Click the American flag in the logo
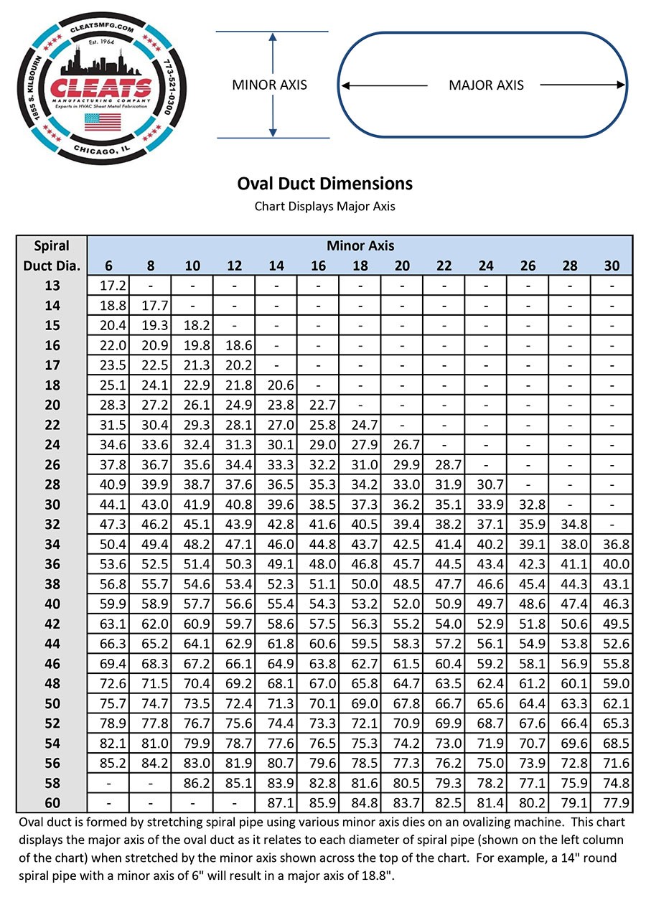(x=103, y=121)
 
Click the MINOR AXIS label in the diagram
(x=269, y=85)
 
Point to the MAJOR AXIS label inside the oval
(x=486, y=85)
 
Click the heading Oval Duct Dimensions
(x=324, y=184)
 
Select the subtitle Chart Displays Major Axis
(x=324, y=206)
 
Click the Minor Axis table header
(x=360, y=245)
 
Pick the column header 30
(x=612, y=266)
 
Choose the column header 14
(x=276, y=266)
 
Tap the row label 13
(x=52, y=286)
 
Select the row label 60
(x=52, y=802)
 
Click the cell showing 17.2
(x=108, y=286)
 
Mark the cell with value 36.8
(x=612, y=544)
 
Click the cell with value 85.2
(x=108, y=762)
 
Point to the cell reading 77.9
(x=612, y=802)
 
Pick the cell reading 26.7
(x=402, y=445)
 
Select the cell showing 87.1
(x=276, y=802)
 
